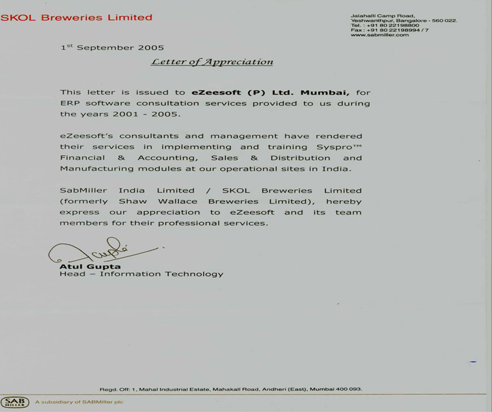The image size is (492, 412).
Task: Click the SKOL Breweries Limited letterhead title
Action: pyautogui.click(x=76, y=18)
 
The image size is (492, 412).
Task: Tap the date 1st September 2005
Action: pyautogui.click(x=112, y=48)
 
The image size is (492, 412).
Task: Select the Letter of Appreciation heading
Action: pyautogui.click(x=212, y=62)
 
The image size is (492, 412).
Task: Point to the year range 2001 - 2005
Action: pyautogui.click(x=155, y=114)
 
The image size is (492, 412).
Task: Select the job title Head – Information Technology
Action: pyautogui.click(x=141, y=274)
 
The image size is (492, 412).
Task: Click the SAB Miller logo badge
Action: pyautogui.click(x=15, y=402)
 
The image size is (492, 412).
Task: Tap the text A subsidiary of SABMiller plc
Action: pyautogui.click(x=79, y=402)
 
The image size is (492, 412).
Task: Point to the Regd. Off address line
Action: pyautogui.click(x=230, y=389)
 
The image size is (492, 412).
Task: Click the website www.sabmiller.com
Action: pyautogui.click(x=380, y=35)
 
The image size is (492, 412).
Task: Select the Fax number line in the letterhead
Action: pyautogui.click(x=389, y=30)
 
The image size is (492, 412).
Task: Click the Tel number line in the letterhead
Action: pyautogui.click(x=385, y=26)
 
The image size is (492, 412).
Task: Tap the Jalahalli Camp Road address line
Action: pyautogui.click(x=382, y=16)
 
